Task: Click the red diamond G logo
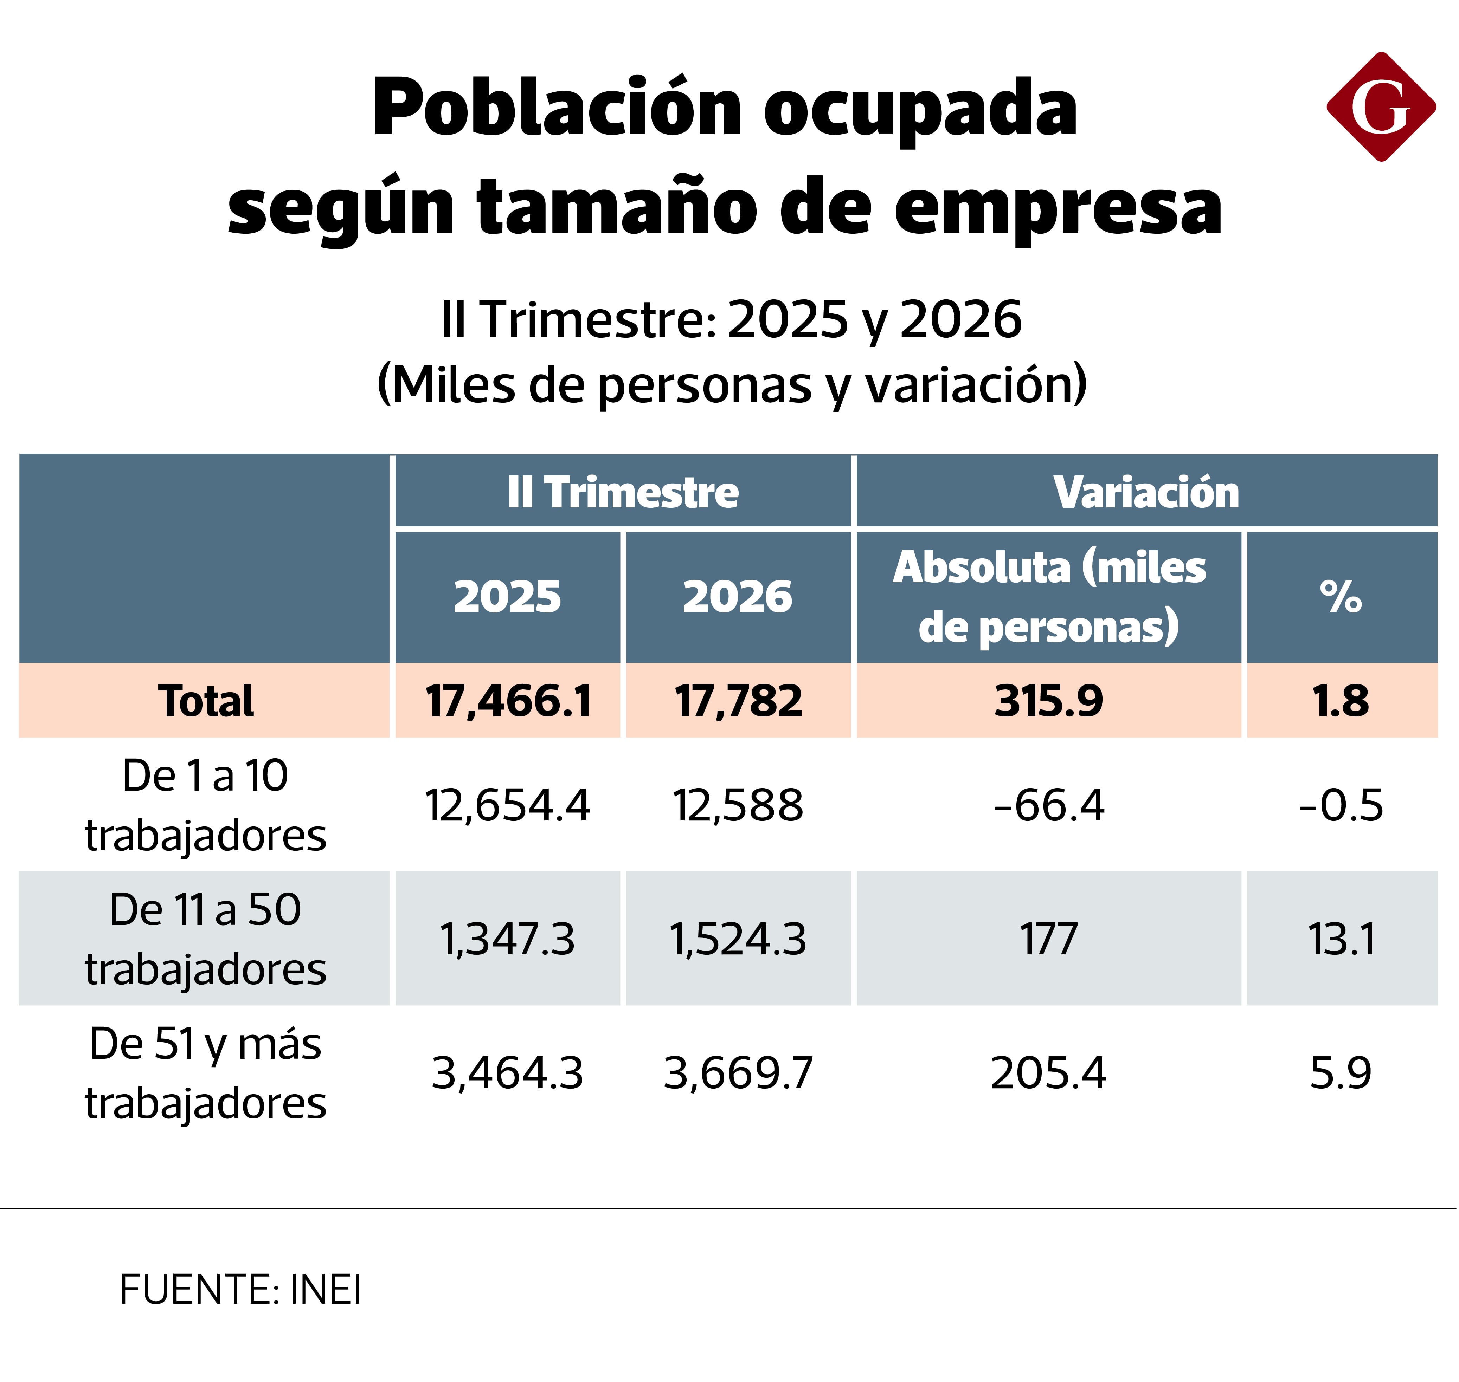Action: coord(1381,107)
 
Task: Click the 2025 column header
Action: coord(508,597)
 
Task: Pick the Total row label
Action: coord(206,701)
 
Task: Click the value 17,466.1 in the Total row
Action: coord(508,701)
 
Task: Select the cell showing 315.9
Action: coord(1049,701)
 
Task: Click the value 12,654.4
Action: coord(508,805)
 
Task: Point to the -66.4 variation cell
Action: coord(1049,805)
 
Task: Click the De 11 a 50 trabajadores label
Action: coord(206,939)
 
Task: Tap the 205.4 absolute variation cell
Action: coord(1049,1073)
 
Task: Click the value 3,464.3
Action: coord(508,1073)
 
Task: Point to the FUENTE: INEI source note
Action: coord(240,1290)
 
